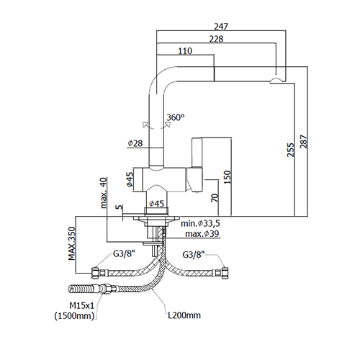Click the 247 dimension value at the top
221,27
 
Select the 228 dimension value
216,39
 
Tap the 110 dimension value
185,51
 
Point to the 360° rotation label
176,117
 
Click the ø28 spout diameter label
135,143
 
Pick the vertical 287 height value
303,142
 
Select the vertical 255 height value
290,150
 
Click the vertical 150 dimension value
227,177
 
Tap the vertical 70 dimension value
215,197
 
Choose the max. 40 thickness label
104,193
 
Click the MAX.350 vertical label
72,243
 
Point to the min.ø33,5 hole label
200,223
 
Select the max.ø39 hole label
202,233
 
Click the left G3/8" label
124,254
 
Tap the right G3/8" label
194,254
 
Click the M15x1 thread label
82,305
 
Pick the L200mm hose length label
184,315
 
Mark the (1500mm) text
74,316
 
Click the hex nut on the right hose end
225,273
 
